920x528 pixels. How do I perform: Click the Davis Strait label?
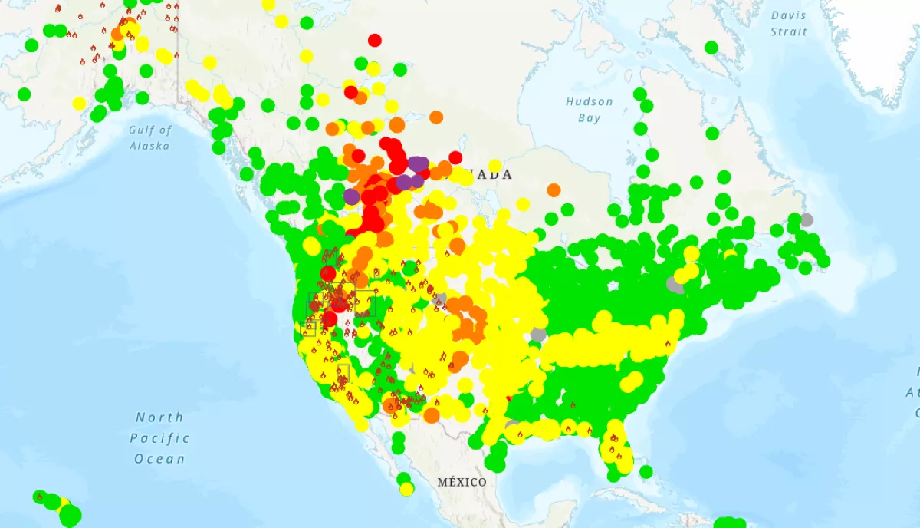pyautogui.click(x=789, y=24)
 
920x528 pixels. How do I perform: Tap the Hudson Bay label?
pyautogui.click(x=589, y=110)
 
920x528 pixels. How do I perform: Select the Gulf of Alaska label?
pyautogui.click(x=150, y=137)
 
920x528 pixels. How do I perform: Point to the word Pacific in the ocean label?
pyautogui.click(x=159, y=438)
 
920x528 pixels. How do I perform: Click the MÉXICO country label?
pyautogui.click(x=462, y=482)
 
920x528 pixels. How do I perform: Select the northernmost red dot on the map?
pyautogui.click(x=374, y=40)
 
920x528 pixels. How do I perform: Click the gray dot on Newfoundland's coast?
pyautogui.click(x=806, y=219)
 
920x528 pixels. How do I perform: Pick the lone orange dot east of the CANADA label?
pyautogui.click(x=554, y=190)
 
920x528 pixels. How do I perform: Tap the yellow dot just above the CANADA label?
pyautogui.click(x=495, y=165)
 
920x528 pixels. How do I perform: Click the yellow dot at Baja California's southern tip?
pyautogui.click(x=406, y=489)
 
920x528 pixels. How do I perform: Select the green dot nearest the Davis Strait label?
pyautogui.click(x=711, y=48)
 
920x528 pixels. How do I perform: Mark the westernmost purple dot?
pyautogui.click(x=351, y=196)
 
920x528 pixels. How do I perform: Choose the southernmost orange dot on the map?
pyautogui.click(x=432, y=416)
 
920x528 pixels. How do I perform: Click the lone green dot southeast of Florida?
pyautogui.click(x=646, y=471)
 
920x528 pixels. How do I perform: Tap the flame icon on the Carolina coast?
pyautogui.click(x=668, y=344)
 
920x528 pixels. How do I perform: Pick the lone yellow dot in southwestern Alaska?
pyautogui.click(x=79, y=104)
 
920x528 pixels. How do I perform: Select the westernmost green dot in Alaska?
pyautogui.click(x=24, y=94)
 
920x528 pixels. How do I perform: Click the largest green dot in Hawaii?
pyautogui.click(x=70, y=516)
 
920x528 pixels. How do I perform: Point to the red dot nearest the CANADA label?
pyautogui.click(x=455, y=157)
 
